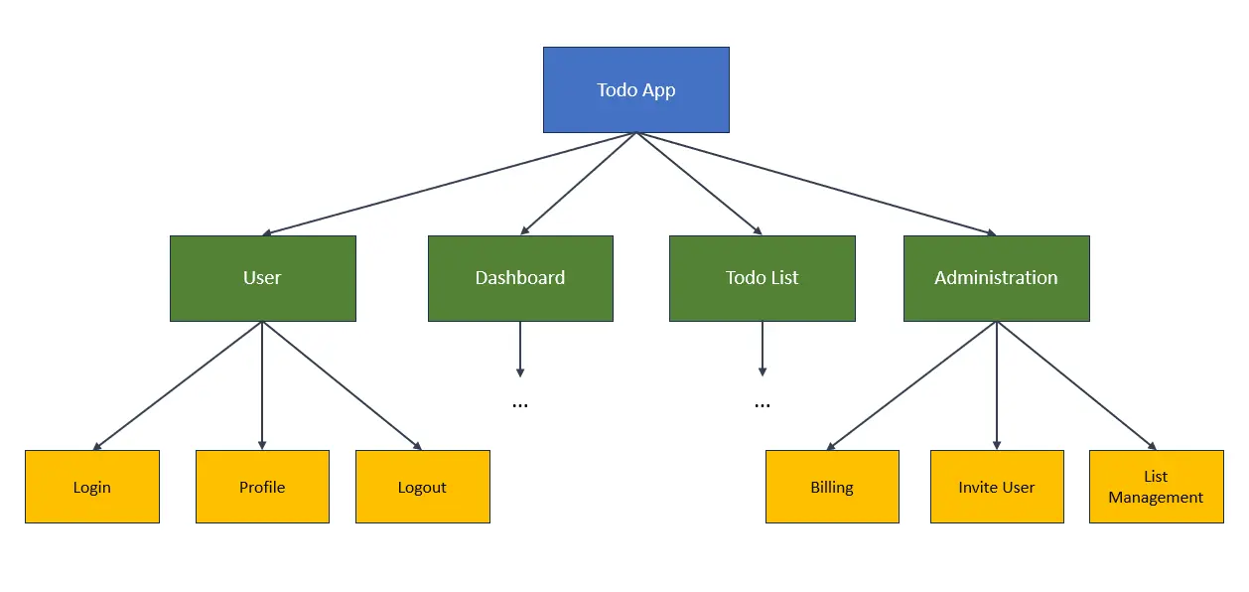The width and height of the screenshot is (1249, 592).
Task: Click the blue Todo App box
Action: click(x=636, y=89)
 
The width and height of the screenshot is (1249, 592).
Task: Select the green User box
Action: click(x=263, y=278)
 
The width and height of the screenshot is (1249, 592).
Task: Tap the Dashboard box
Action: click(x=520, y=278)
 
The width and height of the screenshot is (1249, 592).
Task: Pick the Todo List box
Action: click(x=763, y=278)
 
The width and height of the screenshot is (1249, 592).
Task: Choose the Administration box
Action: click(x=997, y=278)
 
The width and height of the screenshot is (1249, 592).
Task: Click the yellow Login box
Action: click(x=92, y=487)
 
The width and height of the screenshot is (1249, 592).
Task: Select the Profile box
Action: click(x=262, y=487)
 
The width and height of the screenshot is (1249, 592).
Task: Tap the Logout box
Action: click(x=423, y=487)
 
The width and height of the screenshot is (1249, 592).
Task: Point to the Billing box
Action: click(x=832, y=487)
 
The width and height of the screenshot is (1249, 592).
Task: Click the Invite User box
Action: click(x=997, y=487)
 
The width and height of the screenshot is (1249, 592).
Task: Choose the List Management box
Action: click(x=1157, y=487)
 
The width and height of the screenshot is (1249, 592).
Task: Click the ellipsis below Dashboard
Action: click(x=519, y=405)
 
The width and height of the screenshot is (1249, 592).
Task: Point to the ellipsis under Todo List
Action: click(x=763, y=405)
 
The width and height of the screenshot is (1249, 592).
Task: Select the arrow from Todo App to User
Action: click(x=449, y=184)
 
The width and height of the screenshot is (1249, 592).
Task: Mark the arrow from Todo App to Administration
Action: click(x=816, y=184)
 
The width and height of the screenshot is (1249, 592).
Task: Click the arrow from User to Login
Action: click(x=178, y=385)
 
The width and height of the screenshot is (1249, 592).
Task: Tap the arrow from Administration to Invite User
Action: click(x=997, y=385)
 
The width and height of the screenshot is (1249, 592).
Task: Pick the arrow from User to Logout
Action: click(x=342, y=385)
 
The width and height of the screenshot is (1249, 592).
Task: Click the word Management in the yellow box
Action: click(x=1156, y=498)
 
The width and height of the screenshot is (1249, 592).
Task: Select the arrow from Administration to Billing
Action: click(x=911, y=385)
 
